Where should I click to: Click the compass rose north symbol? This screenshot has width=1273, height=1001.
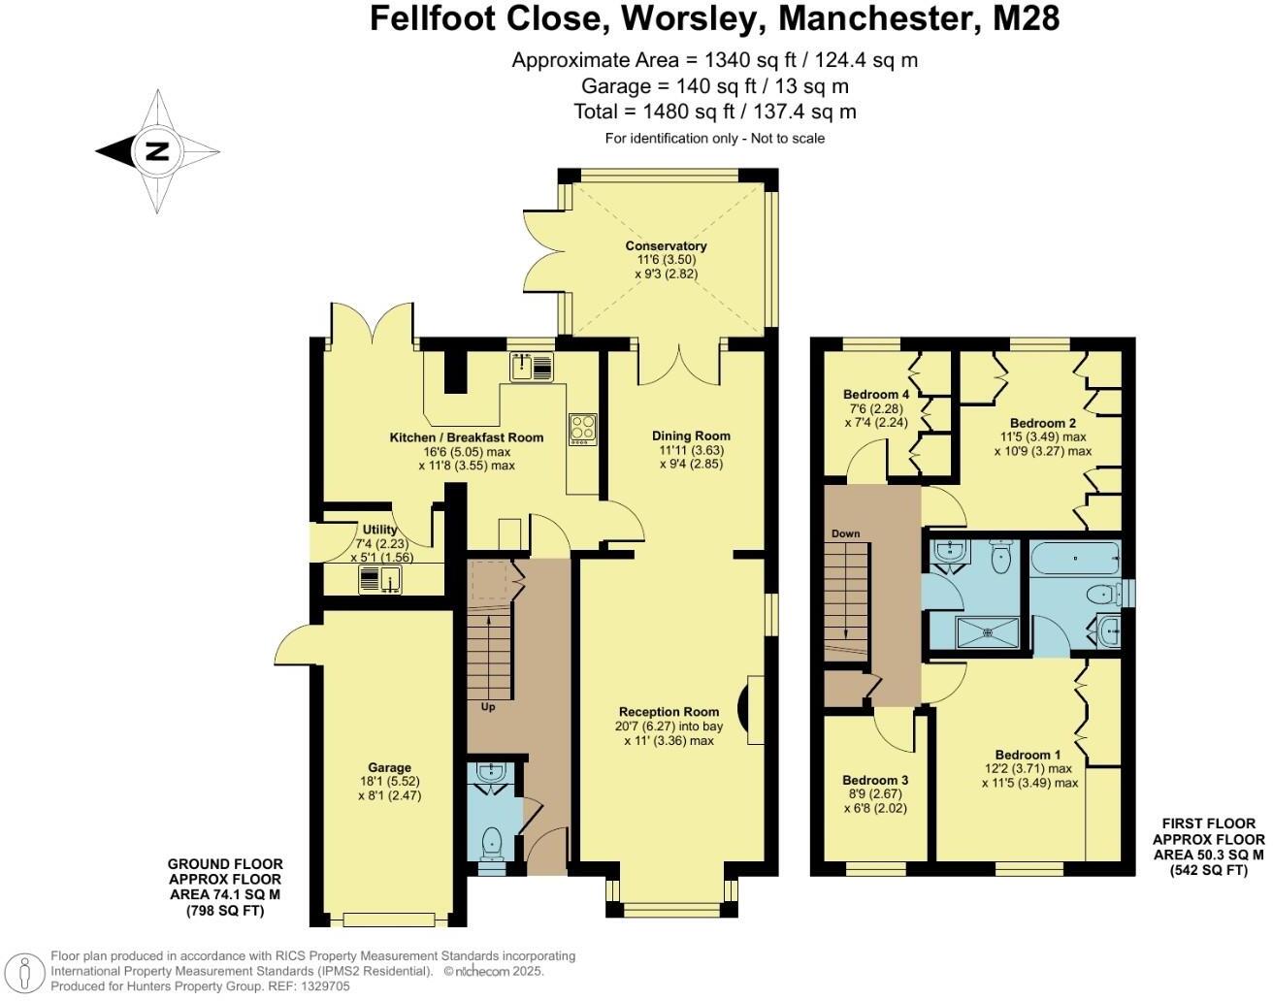[x=156, y=151]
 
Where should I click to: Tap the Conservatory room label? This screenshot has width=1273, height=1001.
[x=666, y=246]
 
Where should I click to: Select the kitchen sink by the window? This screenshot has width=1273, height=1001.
[x=531, y=367]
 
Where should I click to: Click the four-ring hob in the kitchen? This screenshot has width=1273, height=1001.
[x=582, y=428]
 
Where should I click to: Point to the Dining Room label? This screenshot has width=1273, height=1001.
[x=690, y=436]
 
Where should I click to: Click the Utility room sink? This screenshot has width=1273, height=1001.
[x=380, y=580]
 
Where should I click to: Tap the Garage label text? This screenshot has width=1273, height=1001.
[x=389, y=767]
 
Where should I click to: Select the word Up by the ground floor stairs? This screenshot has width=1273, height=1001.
[x=488, y=707]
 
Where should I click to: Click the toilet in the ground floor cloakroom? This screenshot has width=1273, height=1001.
[x=493, y=841]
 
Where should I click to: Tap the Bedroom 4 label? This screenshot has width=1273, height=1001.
[x=876, y=394]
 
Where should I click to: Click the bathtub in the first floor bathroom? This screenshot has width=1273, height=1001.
[x=1075, y=559]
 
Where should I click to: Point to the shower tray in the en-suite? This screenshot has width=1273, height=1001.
[x=987, y=632]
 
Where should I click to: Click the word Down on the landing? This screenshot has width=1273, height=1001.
[x=845, y=534]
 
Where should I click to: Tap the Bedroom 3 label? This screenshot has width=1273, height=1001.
[x=875, y=780]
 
